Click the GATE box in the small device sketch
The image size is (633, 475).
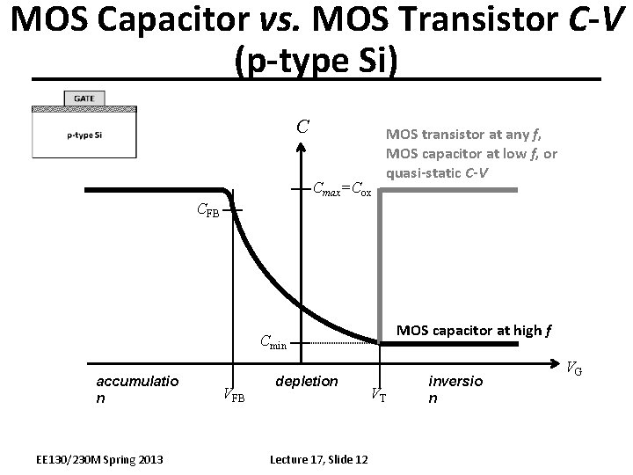(84, 98)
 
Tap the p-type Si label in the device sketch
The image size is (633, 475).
(84, 135)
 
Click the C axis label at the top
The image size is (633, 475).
(302, 127)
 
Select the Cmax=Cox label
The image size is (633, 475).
(343, 188)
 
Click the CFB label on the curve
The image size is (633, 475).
(207, 210)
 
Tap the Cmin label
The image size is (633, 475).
(273, 343)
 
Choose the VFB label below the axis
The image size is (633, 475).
(234, 395)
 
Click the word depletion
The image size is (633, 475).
(306, 381)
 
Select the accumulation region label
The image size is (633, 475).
(137, 389)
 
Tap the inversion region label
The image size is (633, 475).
(455, 389)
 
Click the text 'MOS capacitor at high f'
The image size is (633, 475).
(474, 332)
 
